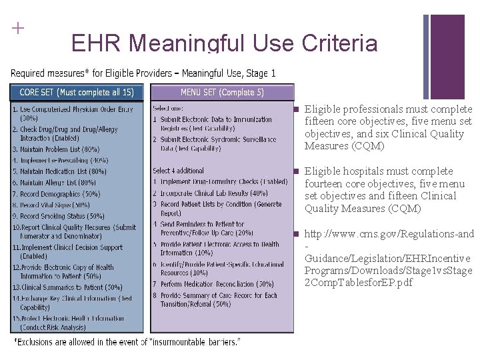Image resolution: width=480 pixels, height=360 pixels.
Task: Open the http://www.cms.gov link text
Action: tap(389, 234)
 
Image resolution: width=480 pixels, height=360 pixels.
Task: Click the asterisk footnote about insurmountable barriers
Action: tap(127, 342)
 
